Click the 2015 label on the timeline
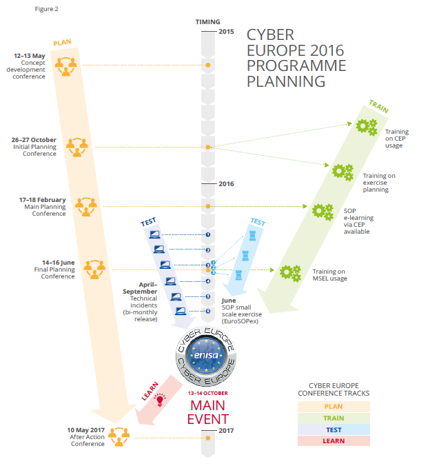[226, 32]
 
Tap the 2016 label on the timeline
[226, 184]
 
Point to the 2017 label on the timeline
[226, 431]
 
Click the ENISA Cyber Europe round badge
[207, 354]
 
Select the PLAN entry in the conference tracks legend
[334, 407]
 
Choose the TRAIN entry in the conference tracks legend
[334, 418]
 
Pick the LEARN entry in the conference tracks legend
[334, 440]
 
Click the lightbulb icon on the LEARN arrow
[160, 398]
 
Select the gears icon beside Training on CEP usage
[366, 128]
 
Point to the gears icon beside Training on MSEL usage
[289, 273]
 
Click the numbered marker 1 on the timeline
[207, 234]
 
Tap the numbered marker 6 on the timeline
[207, 311]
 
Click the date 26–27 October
[34, 140]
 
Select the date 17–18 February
[43, 199]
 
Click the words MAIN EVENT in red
[207, 411]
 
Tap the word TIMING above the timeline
[207, 21]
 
